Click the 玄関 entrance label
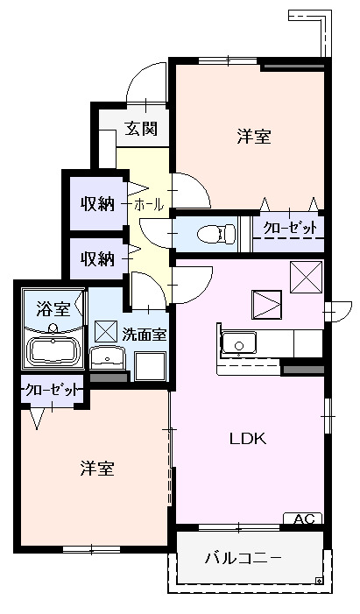(140, 130)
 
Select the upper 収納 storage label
(98, 204)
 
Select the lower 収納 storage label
(98, 258)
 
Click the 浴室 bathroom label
(53, 308)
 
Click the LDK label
(248, 438)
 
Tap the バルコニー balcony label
(244, 558)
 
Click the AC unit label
(303, 519)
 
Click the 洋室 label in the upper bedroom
(253, 137)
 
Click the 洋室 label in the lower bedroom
(95, 469)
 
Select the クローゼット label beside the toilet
(290, 229)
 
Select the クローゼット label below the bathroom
(53, 389)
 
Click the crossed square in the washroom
(106, 331)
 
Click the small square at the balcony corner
(319, 579)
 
